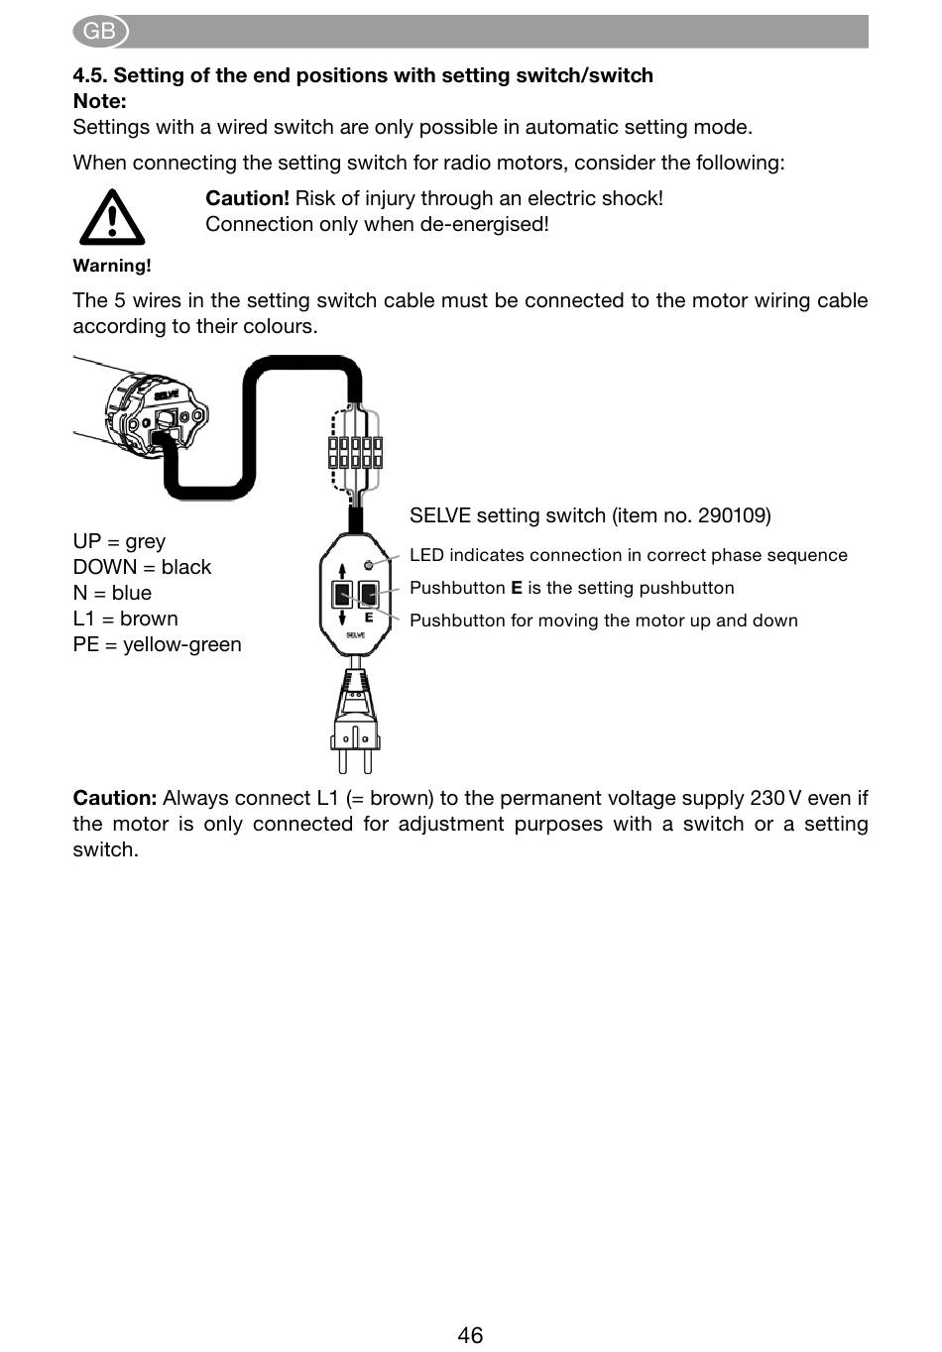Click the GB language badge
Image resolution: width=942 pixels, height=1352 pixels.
99,32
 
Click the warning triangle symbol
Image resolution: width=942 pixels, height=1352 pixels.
112,217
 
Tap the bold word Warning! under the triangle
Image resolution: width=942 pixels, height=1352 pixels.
112,266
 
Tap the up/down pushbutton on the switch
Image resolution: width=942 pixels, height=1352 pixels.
342,594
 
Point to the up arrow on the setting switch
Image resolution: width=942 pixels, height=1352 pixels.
342,572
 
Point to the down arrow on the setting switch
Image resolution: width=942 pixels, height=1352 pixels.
342,618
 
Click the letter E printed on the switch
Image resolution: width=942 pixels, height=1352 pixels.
368,618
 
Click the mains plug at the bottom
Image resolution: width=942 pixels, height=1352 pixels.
356,720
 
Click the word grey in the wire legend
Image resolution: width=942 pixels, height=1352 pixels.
146,542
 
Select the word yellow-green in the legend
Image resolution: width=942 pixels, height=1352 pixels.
182,644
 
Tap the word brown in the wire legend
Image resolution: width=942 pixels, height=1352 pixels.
149,619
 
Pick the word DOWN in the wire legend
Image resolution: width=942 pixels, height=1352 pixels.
105,567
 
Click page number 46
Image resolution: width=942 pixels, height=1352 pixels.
470,1334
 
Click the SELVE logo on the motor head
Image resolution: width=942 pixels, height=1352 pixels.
166,395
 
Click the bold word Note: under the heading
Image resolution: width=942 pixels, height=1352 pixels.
99,101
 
